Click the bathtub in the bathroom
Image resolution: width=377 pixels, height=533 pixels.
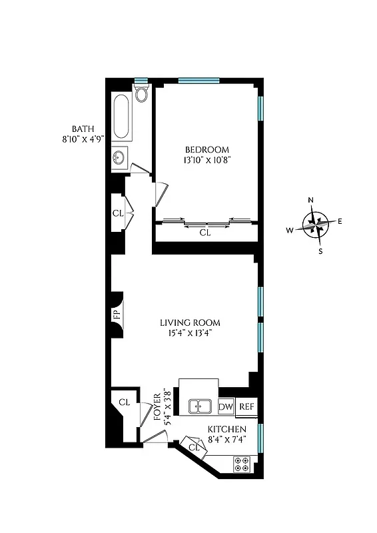[121, 117]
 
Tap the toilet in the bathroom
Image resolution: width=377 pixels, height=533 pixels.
[141, 94]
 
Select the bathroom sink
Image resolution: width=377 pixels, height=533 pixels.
[119, 159]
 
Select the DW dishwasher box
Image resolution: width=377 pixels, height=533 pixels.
[226, 406]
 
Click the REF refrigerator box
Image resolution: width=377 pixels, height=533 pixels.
[246, 406]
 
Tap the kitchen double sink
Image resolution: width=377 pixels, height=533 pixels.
[200, 406]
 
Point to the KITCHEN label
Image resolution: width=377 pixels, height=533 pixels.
[227, 429]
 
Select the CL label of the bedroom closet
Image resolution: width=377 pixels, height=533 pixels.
[205, 233]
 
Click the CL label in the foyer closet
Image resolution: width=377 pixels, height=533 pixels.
[124, 402]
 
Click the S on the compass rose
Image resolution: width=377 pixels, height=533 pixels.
[320, 251]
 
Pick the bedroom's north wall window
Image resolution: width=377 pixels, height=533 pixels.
[198, 81]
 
